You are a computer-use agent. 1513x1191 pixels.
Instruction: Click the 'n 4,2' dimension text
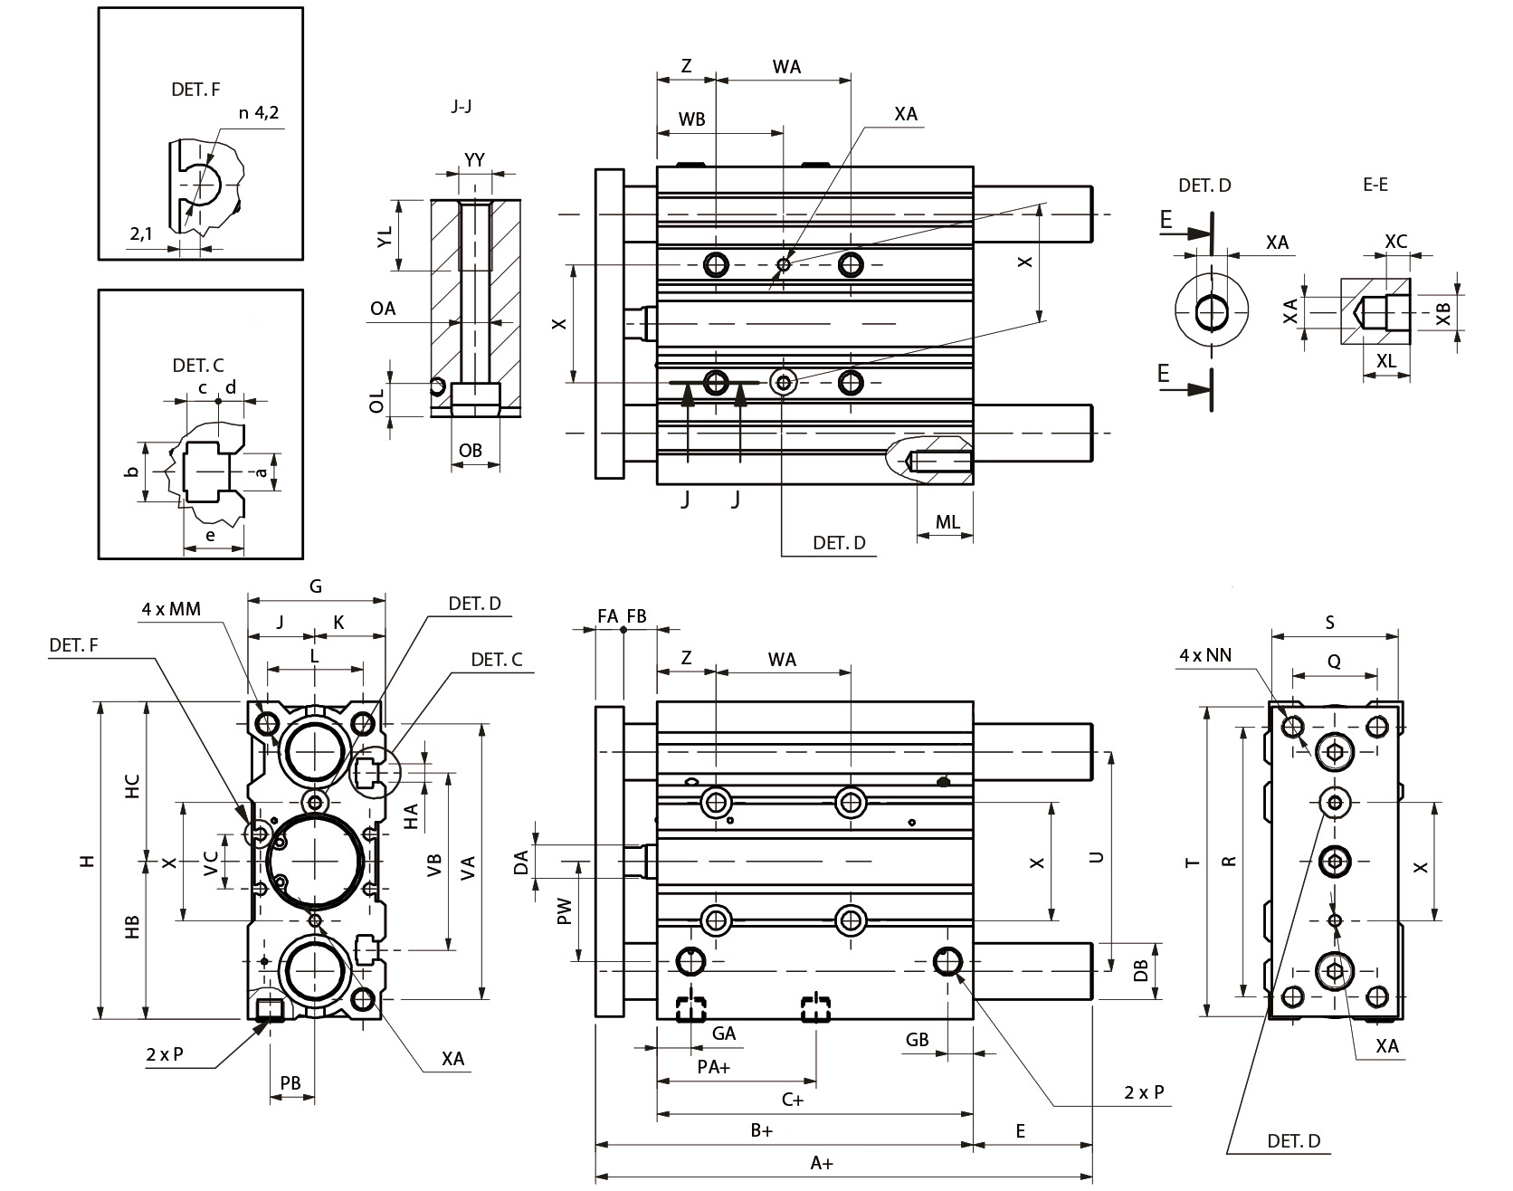[x=258, y=113]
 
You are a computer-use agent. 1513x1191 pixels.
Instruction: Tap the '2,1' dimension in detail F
[x=141, y=233]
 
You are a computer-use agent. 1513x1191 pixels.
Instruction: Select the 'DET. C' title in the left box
[x=198, y=366]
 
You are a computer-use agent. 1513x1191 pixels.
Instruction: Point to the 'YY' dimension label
[x=474, y=160]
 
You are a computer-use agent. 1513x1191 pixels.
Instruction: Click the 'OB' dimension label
[x=471, y=450]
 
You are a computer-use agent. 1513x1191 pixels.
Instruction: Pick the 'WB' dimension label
[x=691, y=119]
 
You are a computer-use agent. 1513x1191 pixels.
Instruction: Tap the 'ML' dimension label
[x=947, y=522]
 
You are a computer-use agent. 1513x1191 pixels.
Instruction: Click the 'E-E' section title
[x=1375, y=185]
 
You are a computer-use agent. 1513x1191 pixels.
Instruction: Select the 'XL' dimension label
[x=1385, y=360]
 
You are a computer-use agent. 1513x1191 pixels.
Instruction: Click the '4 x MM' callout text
[x=171, y=609]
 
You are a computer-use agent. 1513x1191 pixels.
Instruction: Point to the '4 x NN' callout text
[x=1206, y=655]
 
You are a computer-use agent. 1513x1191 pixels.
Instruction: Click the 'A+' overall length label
[x=822, y=1163]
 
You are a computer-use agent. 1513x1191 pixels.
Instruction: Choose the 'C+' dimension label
[x=793, y=1100]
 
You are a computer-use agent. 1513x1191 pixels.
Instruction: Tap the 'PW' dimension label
[x=565, y=910]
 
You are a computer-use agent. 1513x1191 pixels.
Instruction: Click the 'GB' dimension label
[x=917, y=1040]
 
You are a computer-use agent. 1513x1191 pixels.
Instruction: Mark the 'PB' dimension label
[x=290, y=1083]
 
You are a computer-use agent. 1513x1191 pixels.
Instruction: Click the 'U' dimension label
[x=1097, y=856]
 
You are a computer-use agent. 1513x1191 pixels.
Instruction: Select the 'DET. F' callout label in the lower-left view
[x=73, y=645]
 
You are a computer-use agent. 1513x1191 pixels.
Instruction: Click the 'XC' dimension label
[x=1396, y=242]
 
